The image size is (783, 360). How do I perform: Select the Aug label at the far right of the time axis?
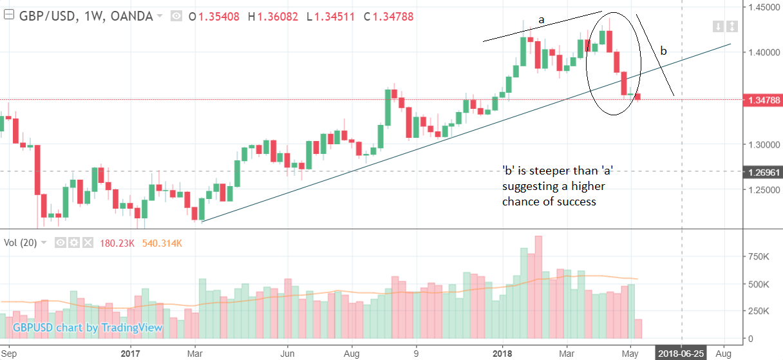pos(723,354)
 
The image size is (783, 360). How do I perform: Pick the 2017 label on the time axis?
pos(130,354)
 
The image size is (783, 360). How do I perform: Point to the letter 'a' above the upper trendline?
pos(542,20)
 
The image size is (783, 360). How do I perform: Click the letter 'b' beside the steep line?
pos(664,51)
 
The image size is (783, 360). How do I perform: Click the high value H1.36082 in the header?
pos(273,16)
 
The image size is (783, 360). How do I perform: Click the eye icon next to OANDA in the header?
pos(176,16)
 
